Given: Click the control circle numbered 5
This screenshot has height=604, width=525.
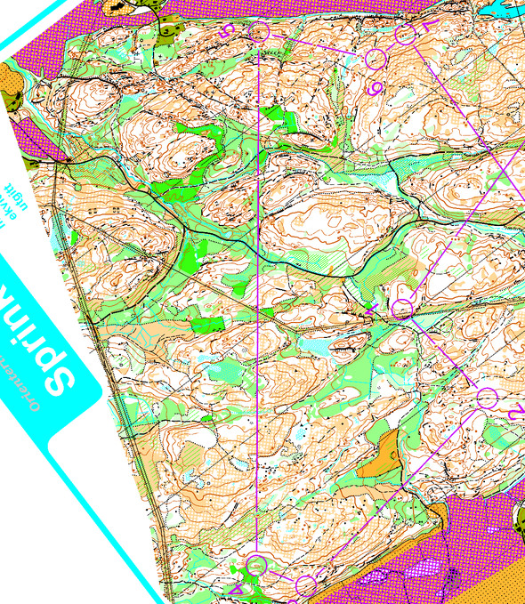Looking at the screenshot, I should click(x=259, y=33).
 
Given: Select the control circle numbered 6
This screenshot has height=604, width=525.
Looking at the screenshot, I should click(x=376, y=60).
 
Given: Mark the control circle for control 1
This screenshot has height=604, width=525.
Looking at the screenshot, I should click(x=402, y=310).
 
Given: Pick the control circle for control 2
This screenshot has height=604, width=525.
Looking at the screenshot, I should click(x=487, y=398).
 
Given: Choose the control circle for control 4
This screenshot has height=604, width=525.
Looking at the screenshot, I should click(x=257, y=564).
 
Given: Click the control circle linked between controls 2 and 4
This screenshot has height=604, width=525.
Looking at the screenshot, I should click(x=305, y=584).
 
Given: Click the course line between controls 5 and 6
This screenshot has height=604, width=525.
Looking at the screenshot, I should click(x=316, y=45).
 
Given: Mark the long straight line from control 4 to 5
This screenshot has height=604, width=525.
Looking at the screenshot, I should click(x=258, y=294).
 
